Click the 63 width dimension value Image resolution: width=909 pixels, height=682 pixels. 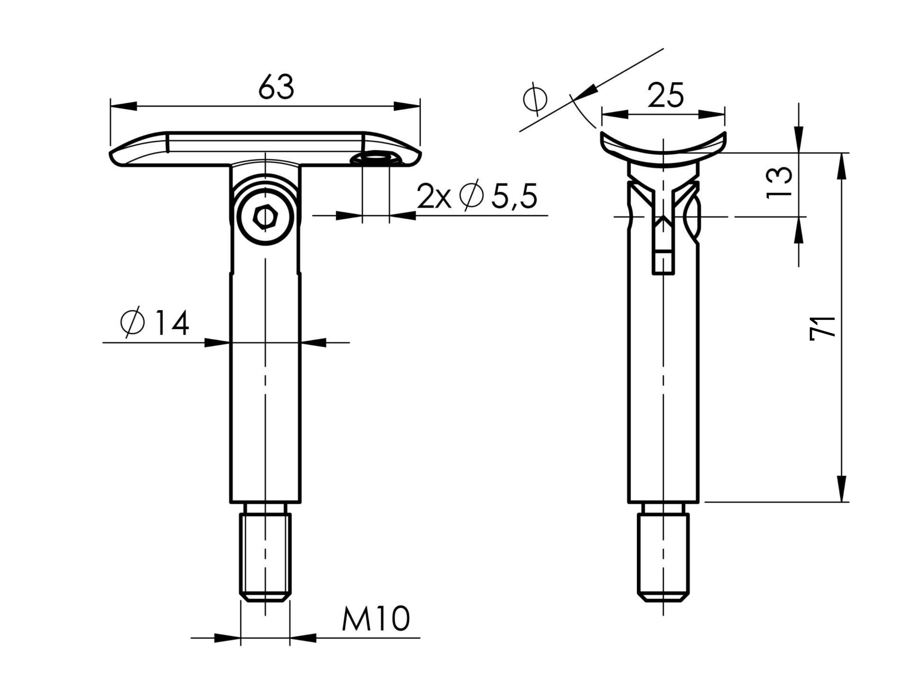pos(276,86)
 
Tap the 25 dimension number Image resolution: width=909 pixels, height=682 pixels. pos(666,95)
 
